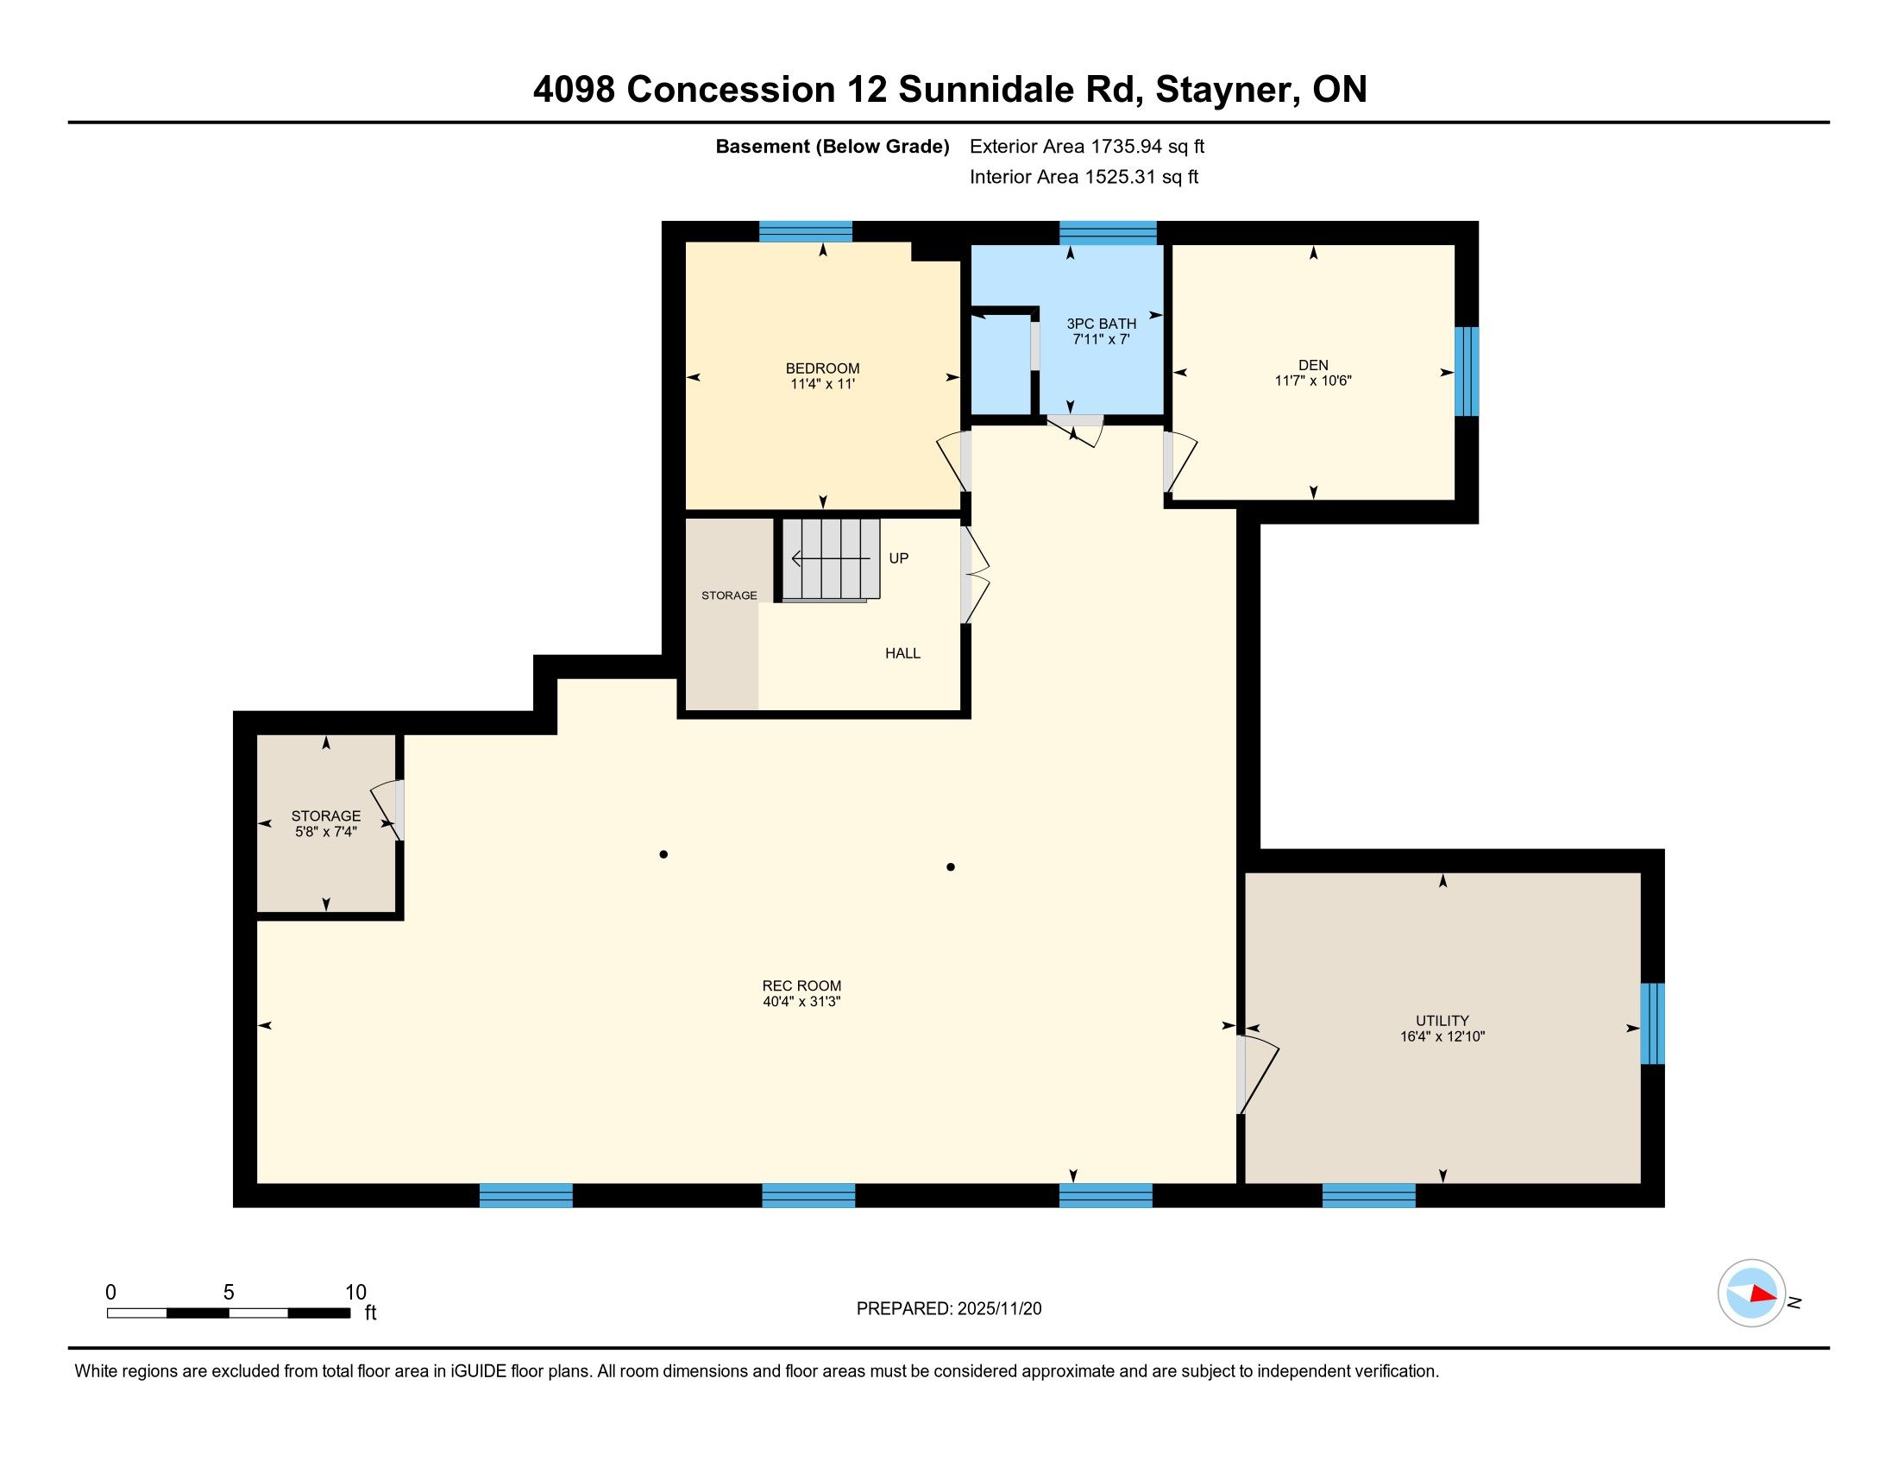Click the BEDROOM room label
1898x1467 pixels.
[822, 368]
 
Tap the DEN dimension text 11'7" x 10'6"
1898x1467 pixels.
[1313, 381]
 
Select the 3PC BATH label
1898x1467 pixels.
[1101, 324]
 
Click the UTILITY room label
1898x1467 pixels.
[1442, 1020]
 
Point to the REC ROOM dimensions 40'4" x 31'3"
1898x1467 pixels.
[801, 1001]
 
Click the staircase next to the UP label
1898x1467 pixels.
[831, 559]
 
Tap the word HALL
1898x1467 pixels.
[902, 652]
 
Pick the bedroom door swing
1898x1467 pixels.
[954, 460]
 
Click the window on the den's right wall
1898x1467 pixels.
[1466, 371]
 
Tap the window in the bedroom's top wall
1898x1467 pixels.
[806, 232]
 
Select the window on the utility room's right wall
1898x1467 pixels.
[1652, 1023]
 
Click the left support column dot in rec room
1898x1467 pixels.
[663, 854]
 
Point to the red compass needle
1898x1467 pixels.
[1763, 1294]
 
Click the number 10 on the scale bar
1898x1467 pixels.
[355, 1292]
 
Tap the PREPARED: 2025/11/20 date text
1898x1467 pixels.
[949, 1309]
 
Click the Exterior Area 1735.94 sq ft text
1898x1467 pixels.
[1087, 147]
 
